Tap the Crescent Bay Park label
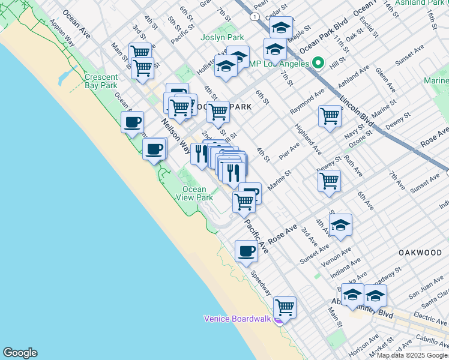101,82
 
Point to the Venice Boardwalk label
238,318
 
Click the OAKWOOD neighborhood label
420,253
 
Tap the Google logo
20,353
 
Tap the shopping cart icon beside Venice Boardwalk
285,307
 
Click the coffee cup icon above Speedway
246,250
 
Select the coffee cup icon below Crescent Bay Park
133,122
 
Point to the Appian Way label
62,34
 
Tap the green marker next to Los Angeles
319,63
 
